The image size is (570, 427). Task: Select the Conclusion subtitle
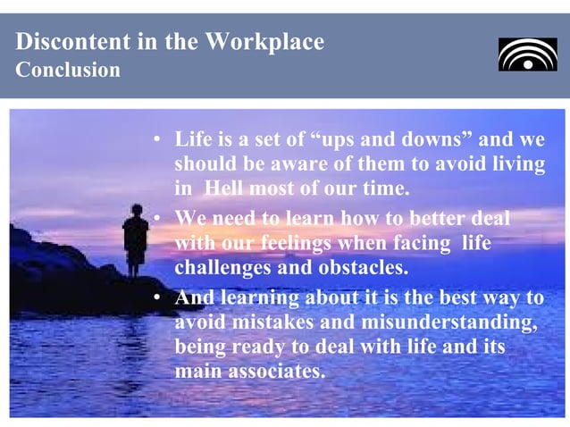tap(67, 71)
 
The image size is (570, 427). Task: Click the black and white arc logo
tap(527, 54)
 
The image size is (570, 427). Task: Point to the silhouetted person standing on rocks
tap(136, 239)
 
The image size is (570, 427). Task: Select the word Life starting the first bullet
tap(193, 139)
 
